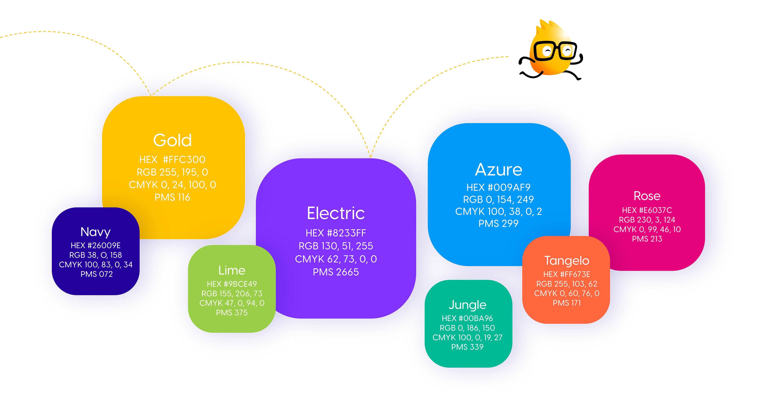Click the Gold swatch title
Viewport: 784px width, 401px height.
172,140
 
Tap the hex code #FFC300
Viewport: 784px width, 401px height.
172,159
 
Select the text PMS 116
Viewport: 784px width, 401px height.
172,197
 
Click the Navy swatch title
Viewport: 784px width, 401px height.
96,232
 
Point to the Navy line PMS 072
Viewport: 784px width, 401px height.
97,274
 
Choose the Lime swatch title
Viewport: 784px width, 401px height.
232,270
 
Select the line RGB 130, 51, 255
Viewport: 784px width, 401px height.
336,246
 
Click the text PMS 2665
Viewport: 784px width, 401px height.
336,272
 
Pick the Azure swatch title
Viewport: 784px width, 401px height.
499,169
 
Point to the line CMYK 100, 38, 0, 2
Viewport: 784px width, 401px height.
499,212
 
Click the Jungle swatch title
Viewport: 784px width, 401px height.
468,305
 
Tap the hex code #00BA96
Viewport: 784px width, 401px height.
468,318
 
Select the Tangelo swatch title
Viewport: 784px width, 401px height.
567,261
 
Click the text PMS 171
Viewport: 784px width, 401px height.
567,303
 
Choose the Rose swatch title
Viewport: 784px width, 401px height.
647,196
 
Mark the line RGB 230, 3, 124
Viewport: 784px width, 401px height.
647,220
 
